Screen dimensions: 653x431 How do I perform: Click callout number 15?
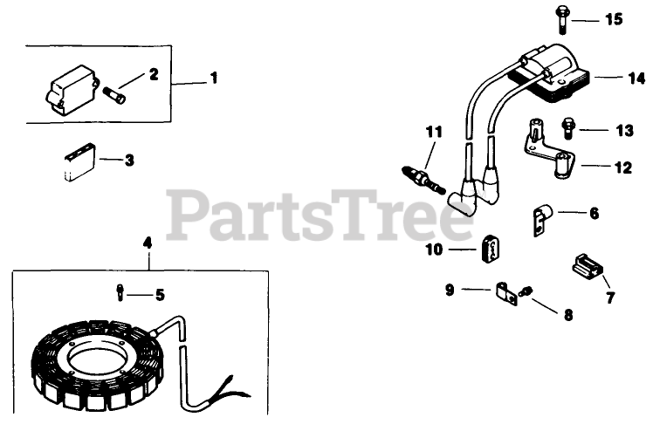pos(615,19)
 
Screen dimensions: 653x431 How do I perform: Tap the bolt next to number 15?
pos(560,18)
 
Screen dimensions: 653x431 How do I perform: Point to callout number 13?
pos(623,131)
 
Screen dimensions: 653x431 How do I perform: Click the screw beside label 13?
pos(569,128)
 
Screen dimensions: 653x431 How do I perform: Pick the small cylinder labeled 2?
pos(115,92)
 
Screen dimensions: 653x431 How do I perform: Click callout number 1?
pos(213,79)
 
